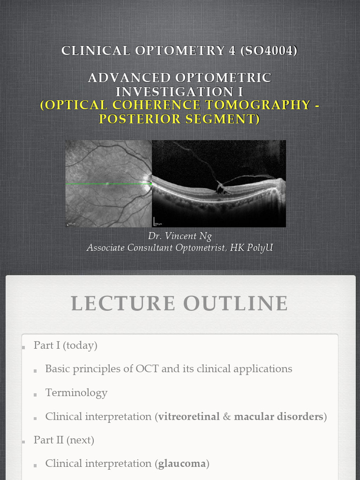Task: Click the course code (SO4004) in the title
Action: pyautogui.click(x=269, y=51)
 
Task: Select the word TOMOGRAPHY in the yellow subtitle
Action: pyautogui.click(x=263, y=105)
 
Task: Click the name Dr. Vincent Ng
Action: pyautogui.click(x=180, y=236)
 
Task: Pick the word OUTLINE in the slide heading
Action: pyautogui.click(x=236, y=303)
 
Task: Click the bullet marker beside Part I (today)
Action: pyautogui.click(x=23, y=347)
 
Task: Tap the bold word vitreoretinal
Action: pyautogui.click(x=189, y=416)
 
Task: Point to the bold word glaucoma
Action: pyautogui.click(x=182, y=464)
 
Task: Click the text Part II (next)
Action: pyautogui.click(x=64, y=440)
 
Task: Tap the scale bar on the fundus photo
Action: pyautogui.click(x=70, y=224)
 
